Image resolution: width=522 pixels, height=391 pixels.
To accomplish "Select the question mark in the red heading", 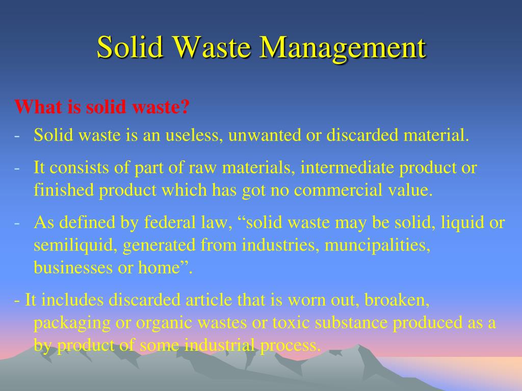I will [x=185, y=107].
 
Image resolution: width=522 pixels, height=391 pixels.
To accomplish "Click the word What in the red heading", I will [x=35, y=107].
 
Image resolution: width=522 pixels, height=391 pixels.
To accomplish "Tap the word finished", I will [x=64, y=190].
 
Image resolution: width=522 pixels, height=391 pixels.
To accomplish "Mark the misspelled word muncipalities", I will [x=377, y=245].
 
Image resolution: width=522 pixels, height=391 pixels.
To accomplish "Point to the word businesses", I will [x=73, y=268].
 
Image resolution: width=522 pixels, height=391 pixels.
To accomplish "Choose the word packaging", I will [x=73, y=323].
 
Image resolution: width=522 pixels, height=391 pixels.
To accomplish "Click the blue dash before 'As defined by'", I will [x=18, y=223].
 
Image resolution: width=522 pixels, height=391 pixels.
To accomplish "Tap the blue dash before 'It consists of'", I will [x=18, y=168].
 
